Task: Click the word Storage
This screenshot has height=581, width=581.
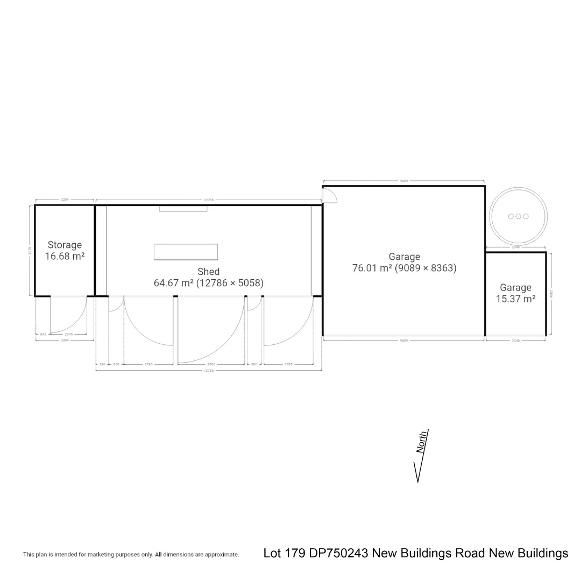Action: pyautogui.click(x=65, y=245)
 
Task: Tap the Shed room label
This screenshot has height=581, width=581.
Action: pyautogui.click(x=208, y=272)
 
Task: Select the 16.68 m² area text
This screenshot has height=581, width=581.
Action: pyautogui.click(x=65, y=257)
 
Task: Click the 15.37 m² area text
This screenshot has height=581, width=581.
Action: pyautogui.click(x=515, y=299)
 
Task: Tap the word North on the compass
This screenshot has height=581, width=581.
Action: pyautogui.click(x=423, y=442)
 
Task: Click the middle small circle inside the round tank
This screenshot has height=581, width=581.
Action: pyautogui.click(x=519, y=216)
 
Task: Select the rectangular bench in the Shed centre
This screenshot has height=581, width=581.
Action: pyautogui.click(x=186, y=252)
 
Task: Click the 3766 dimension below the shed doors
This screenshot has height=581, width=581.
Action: pyautogui.click(x=211, y=364)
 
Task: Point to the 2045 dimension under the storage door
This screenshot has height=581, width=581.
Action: pyautogui.click(x=68, y=334)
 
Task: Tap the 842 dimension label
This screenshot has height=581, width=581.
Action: pyautogui.click(x=43, y=334)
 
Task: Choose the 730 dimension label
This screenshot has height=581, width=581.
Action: pyautogui.click(x=102, y=364)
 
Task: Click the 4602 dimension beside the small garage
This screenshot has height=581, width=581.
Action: pyautogui.click(x=551, y=294)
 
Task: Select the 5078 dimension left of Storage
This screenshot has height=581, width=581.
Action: pyautogui.click(x=30, y=250)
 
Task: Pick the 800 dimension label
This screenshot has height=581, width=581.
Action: pyautogui.click(x=254, y=364)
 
